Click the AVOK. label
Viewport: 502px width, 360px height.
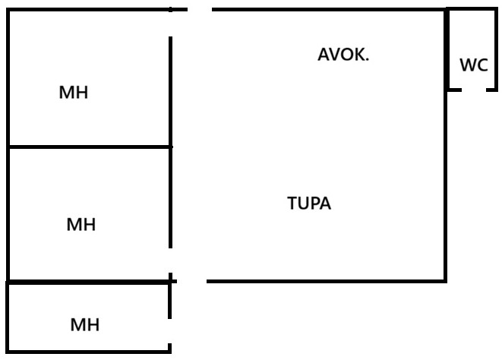click(x=343, y=55)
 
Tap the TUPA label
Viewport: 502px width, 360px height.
click(x=309, y=203)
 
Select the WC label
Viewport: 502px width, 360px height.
click(x=474, y=65)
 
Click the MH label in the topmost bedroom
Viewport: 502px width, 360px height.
click(x=74, y=92)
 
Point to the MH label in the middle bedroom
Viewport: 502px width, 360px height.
click(x=81, y=224)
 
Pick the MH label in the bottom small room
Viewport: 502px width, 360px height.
click(x=85, y=324)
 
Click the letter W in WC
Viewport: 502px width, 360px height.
click(x=468, y=65)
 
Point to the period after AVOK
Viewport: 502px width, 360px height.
click(x=368, y=59)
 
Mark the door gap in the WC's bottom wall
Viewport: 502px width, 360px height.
click(x=474, y=90)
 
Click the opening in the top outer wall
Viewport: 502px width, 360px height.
click(x=200, y=10)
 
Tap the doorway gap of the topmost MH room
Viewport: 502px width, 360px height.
click(x=170, y=24)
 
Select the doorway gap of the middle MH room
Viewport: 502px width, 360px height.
click(x=170, y=261)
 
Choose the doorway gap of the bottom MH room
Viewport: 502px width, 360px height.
click(x=169, y=331)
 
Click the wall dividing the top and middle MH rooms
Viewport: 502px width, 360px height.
click(x=90, y=147)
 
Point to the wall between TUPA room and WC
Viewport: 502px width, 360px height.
click(x=447, y=49)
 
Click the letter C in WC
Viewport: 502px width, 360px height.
click(x=482, y=65)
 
